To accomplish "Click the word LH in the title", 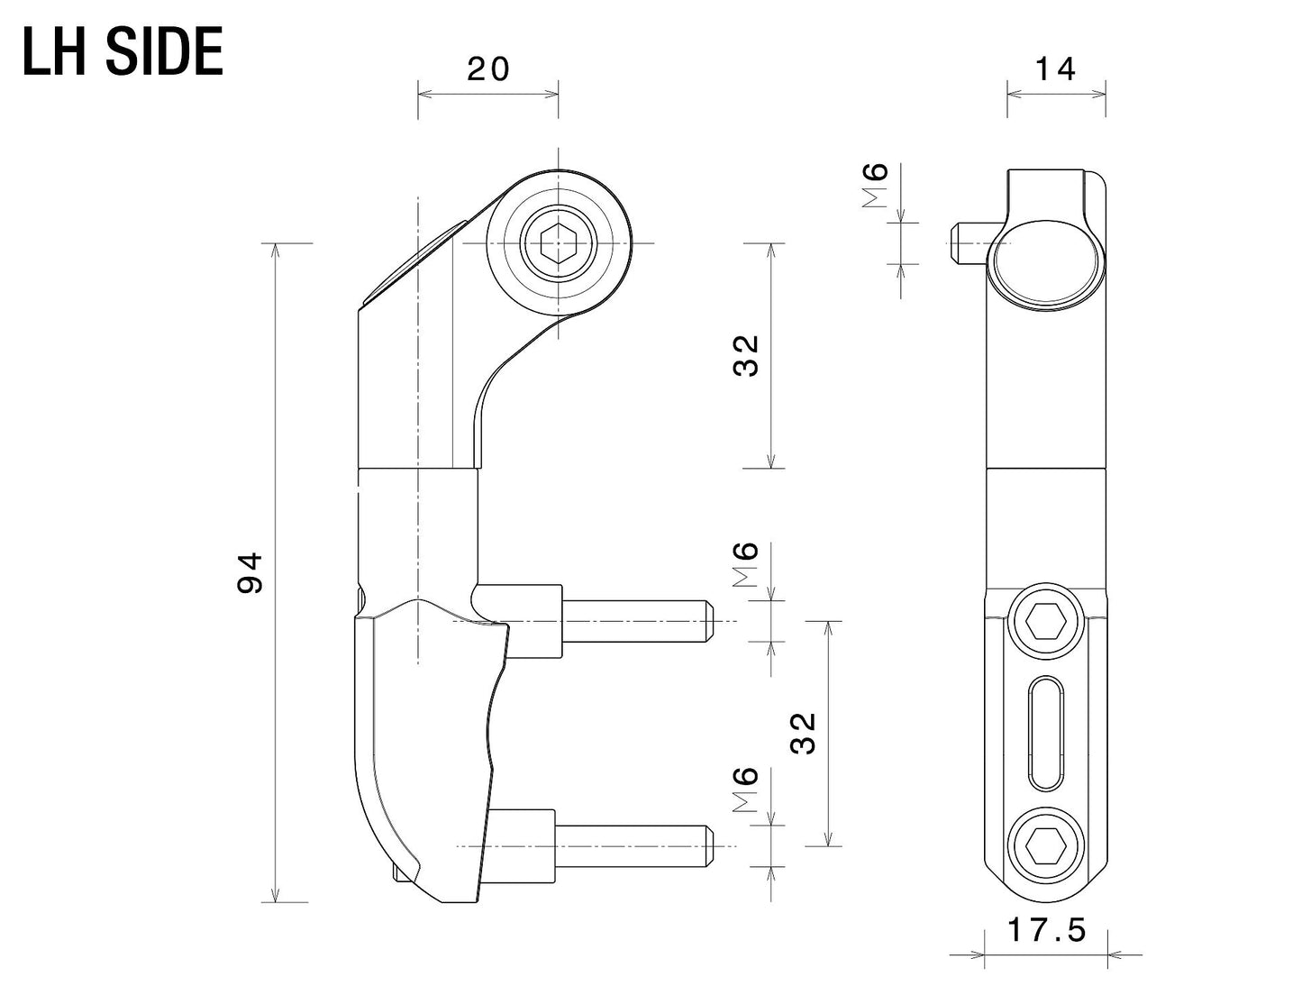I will coord(57,53).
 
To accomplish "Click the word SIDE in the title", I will coord(164,53).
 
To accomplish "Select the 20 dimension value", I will coord(488,69).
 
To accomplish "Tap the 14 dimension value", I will coord(1055,69).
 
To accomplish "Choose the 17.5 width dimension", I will coord(1046,930).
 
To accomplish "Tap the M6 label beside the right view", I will coord(876,186).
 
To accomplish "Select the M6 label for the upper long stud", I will coord(746,565).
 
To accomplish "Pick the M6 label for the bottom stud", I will coord(746,790).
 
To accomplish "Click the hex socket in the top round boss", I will coord(557,243).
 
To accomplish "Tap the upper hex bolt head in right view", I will coord(1045,621).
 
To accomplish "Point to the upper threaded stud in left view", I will coord(636,622).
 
